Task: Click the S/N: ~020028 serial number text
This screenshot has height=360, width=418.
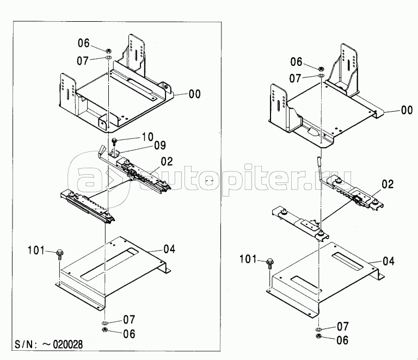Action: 48,344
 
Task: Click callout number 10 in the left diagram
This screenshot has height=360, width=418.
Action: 147,137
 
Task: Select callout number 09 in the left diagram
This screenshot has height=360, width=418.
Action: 159,145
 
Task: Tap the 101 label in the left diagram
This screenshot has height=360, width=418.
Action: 36,250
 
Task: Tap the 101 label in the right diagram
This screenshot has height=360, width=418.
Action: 248,259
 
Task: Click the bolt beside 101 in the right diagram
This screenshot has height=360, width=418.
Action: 270,263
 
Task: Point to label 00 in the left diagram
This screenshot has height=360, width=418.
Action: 194,94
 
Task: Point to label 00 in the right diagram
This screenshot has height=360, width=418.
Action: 407,110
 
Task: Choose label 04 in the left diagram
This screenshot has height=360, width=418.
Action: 170,249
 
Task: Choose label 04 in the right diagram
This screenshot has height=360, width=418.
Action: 389,261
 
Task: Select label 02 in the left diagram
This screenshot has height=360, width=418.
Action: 167,162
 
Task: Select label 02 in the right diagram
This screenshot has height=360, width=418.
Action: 388,184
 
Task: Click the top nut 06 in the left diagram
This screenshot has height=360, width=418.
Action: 108,50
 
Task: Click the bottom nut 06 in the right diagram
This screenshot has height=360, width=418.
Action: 318,336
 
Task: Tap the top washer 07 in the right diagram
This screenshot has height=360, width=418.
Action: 321,76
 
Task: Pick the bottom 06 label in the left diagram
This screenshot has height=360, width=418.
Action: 130,334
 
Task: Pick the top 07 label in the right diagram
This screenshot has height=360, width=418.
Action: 295,78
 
